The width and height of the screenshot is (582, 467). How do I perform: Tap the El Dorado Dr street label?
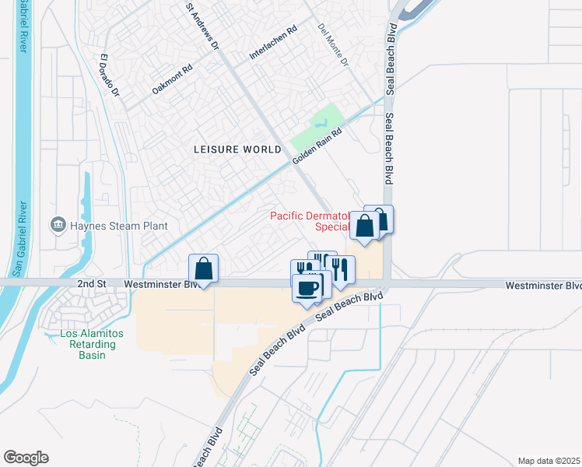110,75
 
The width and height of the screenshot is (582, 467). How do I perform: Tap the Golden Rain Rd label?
317,146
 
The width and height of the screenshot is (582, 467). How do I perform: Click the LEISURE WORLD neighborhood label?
237,149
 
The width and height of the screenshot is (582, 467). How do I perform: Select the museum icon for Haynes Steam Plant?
58,226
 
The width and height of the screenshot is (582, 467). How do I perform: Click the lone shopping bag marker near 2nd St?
203,269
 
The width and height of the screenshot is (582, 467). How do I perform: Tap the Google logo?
26,458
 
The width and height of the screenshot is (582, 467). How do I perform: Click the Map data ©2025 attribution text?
549,461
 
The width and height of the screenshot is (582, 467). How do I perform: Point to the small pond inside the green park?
319,124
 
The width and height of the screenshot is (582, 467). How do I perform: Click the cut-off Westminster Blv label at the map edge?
542,286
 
